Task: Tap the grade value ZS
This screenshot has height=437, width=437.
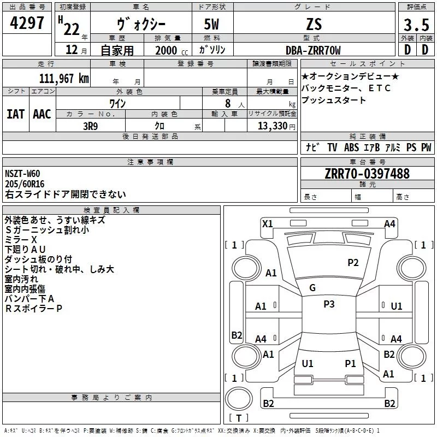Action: click(314, 25)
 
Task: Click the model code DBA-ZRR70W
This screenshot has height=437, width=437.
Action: click(313, 50)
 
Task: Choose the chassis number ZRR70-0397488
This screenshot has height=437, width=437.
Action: click(367, 174)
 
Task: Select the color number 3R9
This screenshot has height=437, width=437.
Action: click(90, 125)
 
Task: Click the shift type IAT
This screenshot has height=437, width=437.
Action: click(15, 114)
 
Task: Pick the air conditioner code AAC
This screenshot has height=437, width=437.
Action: click(42, 114)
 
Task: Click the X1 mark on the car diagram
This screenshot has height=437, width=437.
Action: click(268, 223)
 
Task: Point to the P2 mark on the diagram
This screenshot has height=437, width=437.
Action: click(353, 262)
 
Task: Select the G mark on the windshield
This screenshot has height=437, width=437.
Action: click(312, 288)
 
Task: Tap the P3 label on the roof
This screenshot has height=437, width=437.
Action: click(329, 304)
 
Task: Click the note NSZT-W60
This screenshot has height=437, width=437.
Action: click(22, 174)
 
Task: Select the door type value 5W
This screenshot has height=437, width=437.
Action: click(212, 25)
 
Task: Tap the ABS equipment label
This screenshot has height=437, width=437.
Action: click(351, 147)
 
